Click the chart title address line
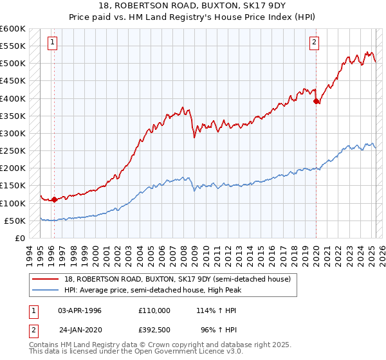click(x=193, y=5)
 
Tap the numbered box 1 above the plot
click(x=52, y=43)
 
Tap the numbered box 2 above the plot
click(x=314, y=43)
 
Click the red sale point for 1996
click(x=54, y=199)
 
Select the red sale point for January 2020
click(x=316, y=101)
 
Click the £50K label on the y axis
click(x=15, y=221)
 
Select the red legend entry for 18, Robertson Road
click(x=178, y=279)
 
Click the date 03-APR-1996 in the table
click(x=80, y=310)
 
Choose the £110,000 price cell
click(x=154, y=310)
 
